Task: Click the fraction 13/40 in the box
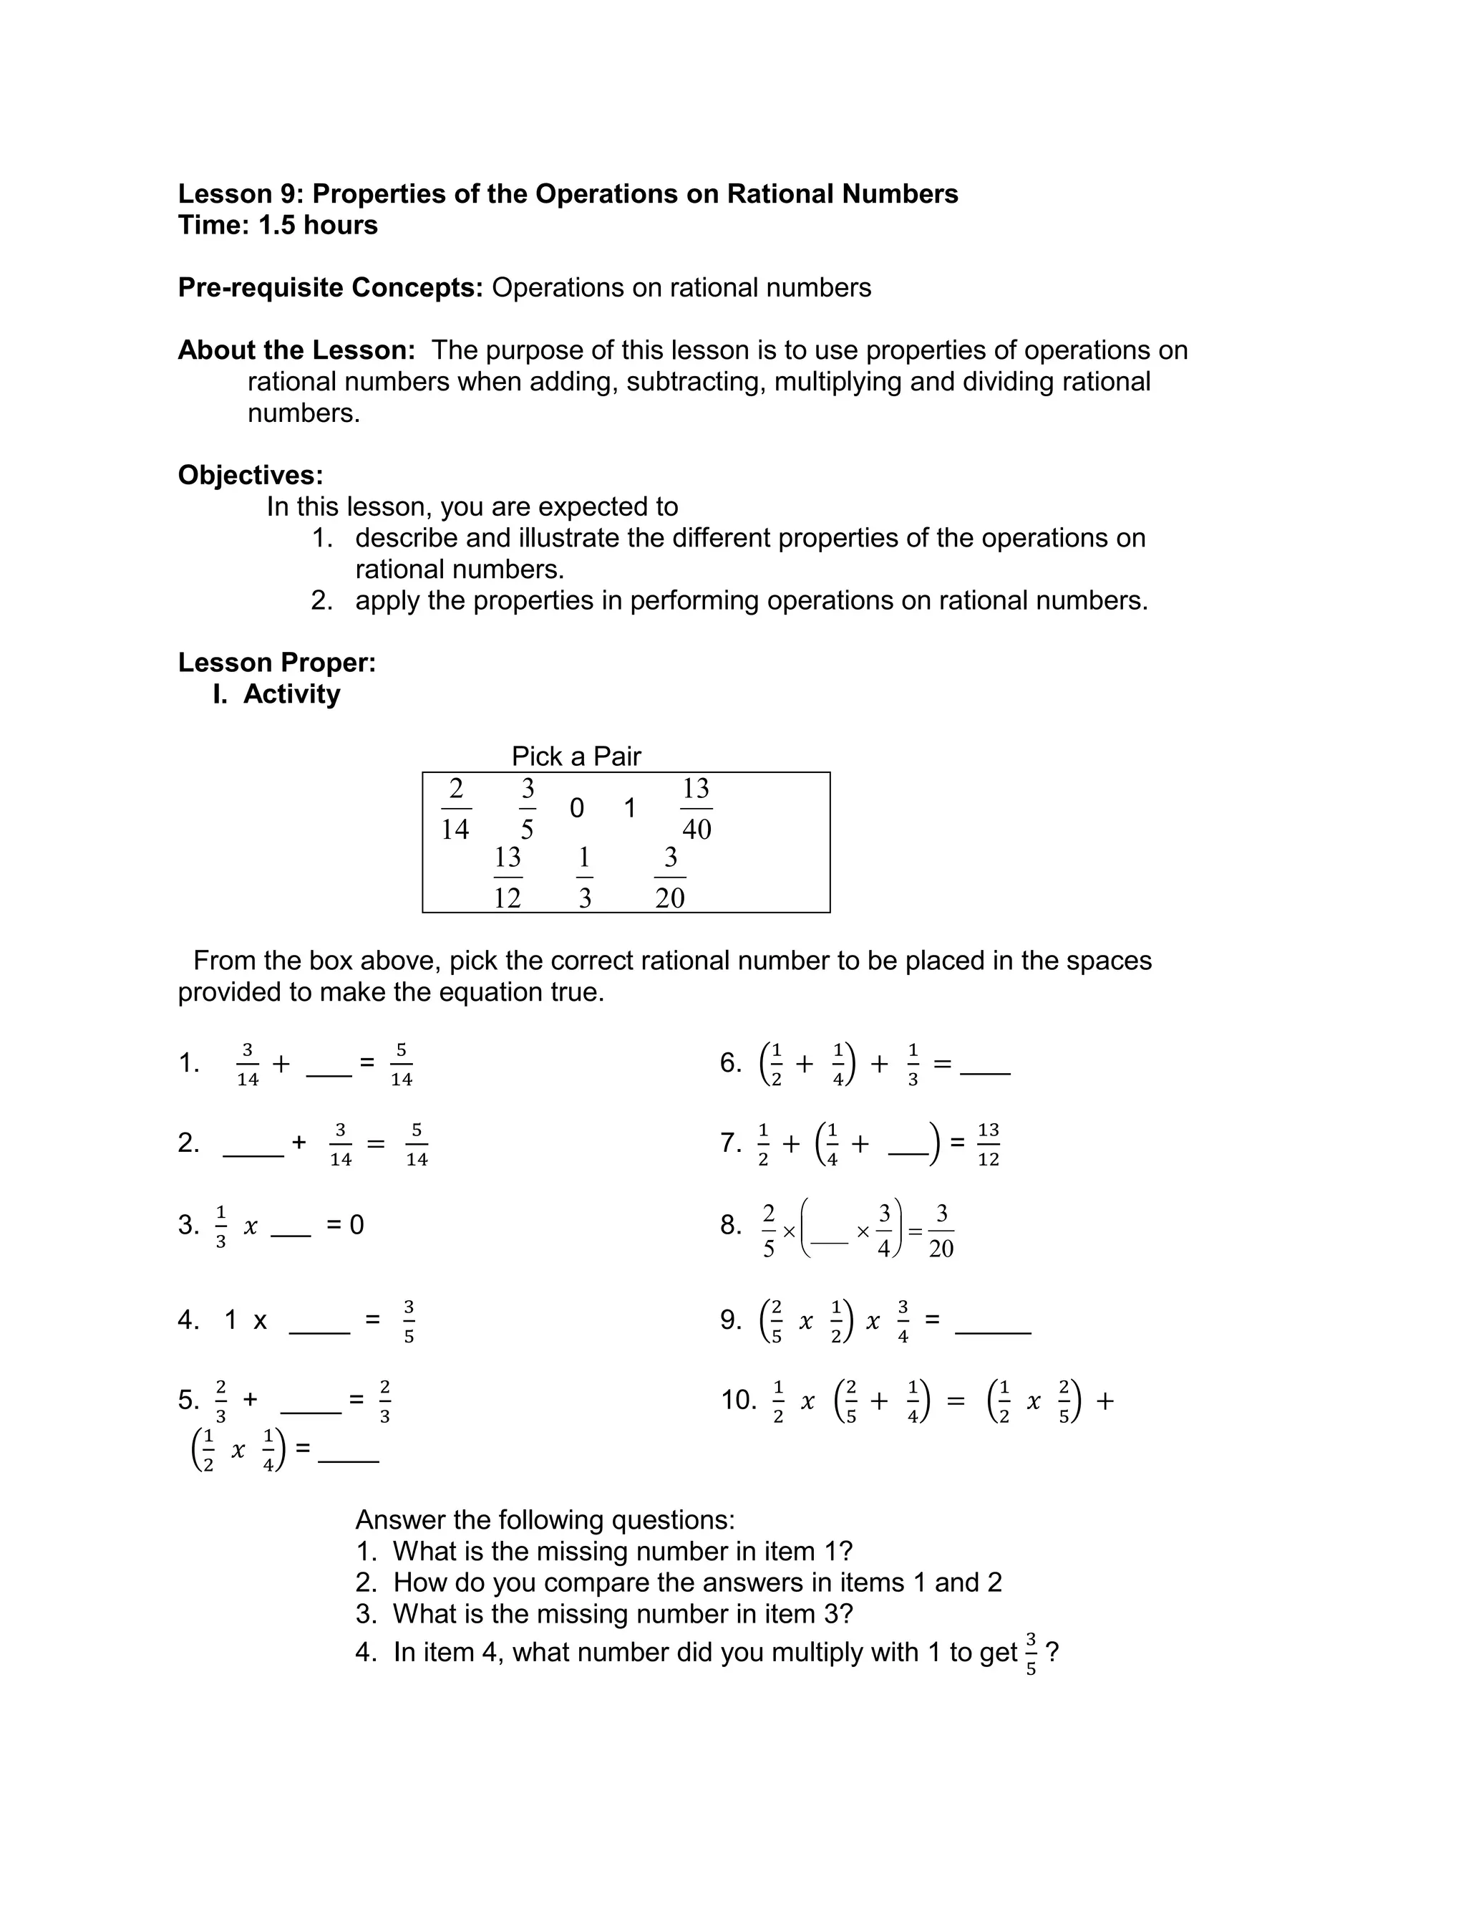(696, 809)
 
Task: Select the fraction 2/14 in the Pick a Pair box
(455, 809)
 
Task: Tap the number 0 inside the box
(576, 809)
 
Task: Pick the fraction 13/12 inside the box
(507, 878)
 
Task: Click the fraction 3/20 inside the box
(669, 878)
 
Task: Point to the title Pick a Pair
(576, 756)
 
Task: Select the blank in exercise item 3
(291, 1234)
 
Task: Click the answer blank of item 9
(993, 1332)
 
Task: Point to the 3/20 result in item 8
(941, 1231)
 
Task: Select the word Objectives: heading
(251, 475)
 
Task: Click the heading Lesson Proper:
(276, 663)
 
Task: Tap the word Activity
(291, 694)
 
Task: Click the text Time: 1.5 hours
(278, 225)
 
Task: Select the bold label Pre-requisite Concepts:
(330, 287)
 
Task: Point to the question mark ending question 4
(1052, 1653)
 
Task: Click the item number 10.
(738, 1401)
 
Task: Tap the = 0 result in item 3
(346, 1225)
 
